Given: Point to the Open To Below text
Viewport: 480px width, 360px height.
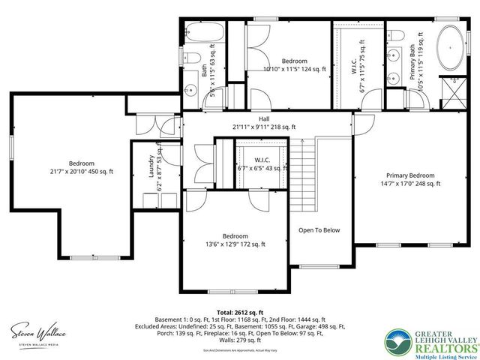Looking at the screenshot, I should point(319,230).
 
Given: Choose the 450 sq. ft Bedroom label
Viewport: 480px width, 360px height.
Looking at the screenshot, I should point(82,167).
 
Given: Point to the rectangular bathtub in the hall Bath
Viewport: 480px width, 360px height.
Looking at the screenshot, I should point(204,34).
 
